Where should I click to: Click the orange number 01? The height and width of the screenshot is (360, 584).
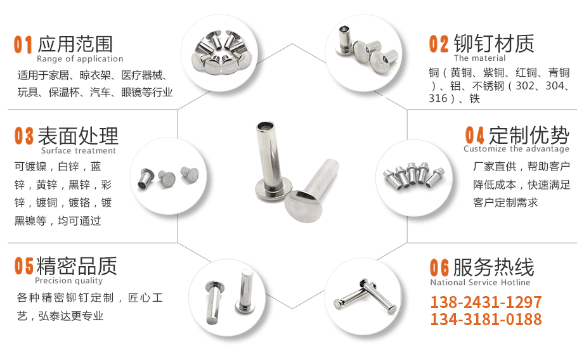(x=23, y=44)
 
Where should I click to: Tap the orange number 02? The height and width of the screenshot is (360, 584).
(x=439, y=44)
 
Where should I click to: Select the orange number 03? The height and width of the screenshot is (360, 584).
(x=24, y=136)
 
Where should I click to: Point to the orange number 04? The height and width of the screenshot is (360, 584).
(x=474, y=135)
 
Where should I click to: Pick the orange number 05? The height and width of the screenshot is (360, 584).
(x=24, y=266)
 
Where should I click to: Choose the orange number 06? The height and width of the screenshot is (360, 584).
(x=439, y=267)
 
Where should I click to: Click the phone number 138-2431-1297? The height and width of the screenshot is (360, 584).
(x=486, y=302)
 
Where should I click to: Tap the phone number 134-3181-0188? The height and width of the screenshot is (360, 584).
(x=486, y=319)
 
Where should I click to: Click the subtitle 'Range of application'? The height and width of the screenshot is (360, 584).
(x=80, y=59)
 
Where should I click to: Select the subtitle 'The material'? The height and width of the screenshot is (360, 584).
(x=480, y=58)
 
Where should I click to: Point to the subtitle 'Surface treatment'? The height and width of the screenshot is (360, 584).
(x=79, y=150)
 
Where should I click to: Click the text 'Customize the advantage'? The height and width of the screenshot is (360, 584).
(x=516, y=149)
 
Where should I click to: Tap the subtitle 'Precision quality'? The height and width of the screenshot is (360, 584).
(x=69, y=281)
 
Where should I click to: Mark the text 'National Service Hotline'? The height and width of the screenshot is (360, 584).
(x=480, y=282)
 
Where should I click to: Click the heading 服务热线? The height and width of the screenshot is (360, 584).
(x=493, y=267)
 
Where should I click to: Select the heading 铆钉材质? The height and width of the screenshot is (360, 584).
(x=494, y=44)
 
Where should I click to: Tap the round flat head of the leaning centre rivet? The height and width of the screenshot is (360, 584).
(x=303, y=207)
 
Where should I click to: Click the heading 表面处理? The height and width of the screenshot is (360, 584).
(x=78, y=136)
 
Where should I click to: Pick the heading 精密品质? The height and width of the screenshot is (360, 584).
(x=76, y=266)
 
